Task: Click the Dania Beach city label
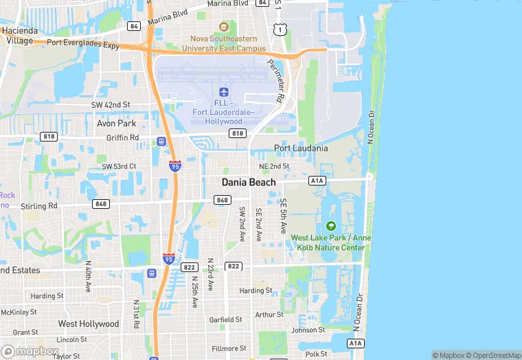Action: click(x=249, y=182)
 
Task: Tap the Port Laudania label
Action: click(x=301, y=148)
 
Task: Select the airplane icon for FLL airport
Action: click(x=223, y=92)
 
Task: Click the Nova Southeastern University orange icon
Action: click(x=223, y=27)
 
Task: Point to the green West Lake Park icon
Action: click(x=331, y=226)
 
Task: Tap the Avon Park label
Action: click(x=117, y=124)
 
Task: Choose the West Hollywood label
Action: click(x=89, y=324)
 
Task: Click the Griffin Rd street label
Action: click(x=124, y=137)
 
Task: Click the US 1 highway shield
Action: click(x=279, y=29)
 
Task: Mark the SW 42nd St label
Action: click(x=111, y=104)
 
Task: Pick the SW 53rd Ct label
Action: click(x=119, y=166)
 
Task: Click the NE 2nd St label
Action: click(x=274, y=166)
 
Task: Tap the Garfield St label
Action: click(x=225, y=319)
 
